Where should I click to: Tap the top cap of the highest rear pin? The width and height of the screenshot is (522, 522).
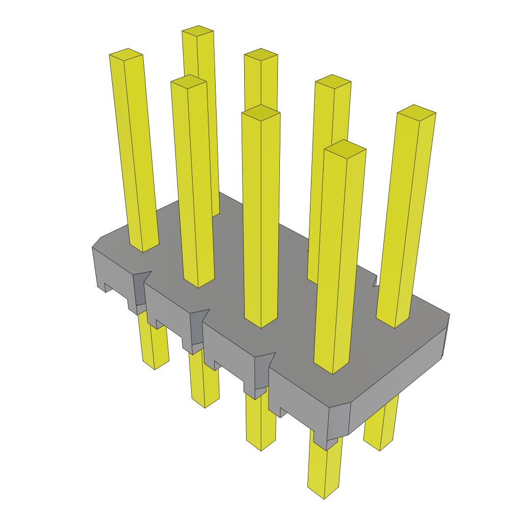point(198,32)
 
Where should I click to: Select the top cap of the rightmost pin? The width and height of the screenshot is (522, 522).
point(416,112)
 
